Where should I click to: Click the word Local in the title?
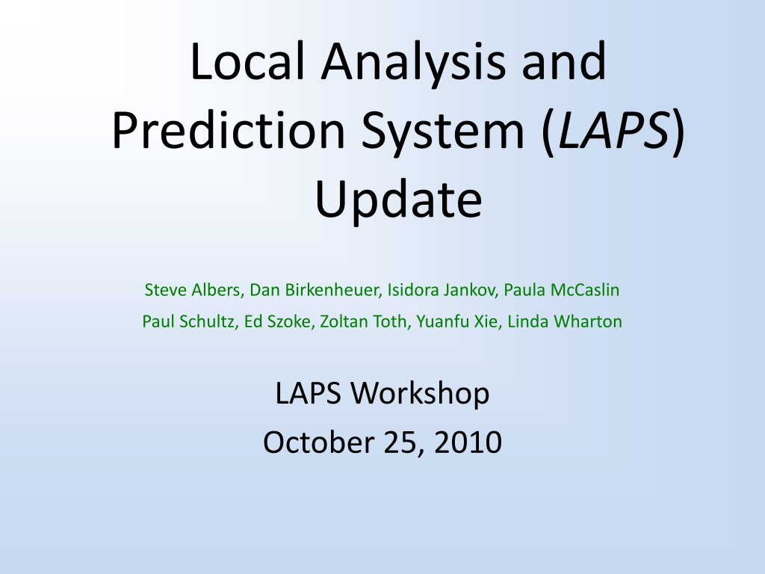pos(248,61)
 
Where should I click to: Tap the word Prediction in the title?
pos(229,130)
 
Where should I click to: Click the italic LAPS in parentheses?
pos(613,130)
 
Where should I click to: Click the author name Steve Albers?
pos(192,290)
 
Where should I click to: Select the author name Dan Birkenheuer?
pos(315,290)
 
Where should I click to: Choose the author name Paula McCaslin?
pos(562,290)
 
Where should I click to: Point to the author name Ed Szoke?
pos(278,321)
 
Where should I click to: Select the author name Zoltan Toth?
pos(365,321)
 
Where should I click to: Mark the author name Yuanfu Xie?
pos(458,321)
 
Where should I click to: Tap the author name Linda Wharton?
pos(565,321)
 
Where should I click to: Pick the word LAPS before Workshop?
pos(308,393)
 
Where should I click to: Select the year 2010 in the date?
pos(468,442)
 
